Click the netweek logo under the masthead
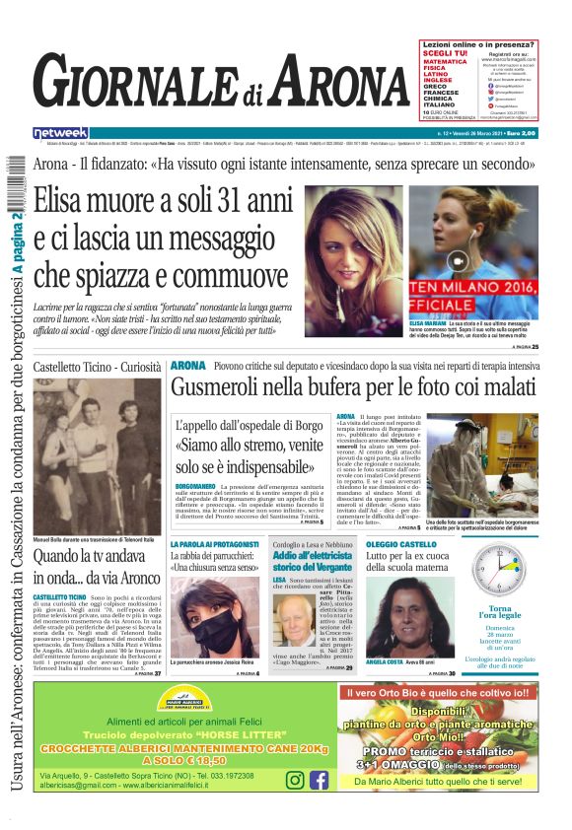(x=61, y=132)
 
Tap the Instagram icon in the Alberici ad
(x=294, y=781)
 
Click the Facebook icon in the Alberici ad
(x=319, y=781)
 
